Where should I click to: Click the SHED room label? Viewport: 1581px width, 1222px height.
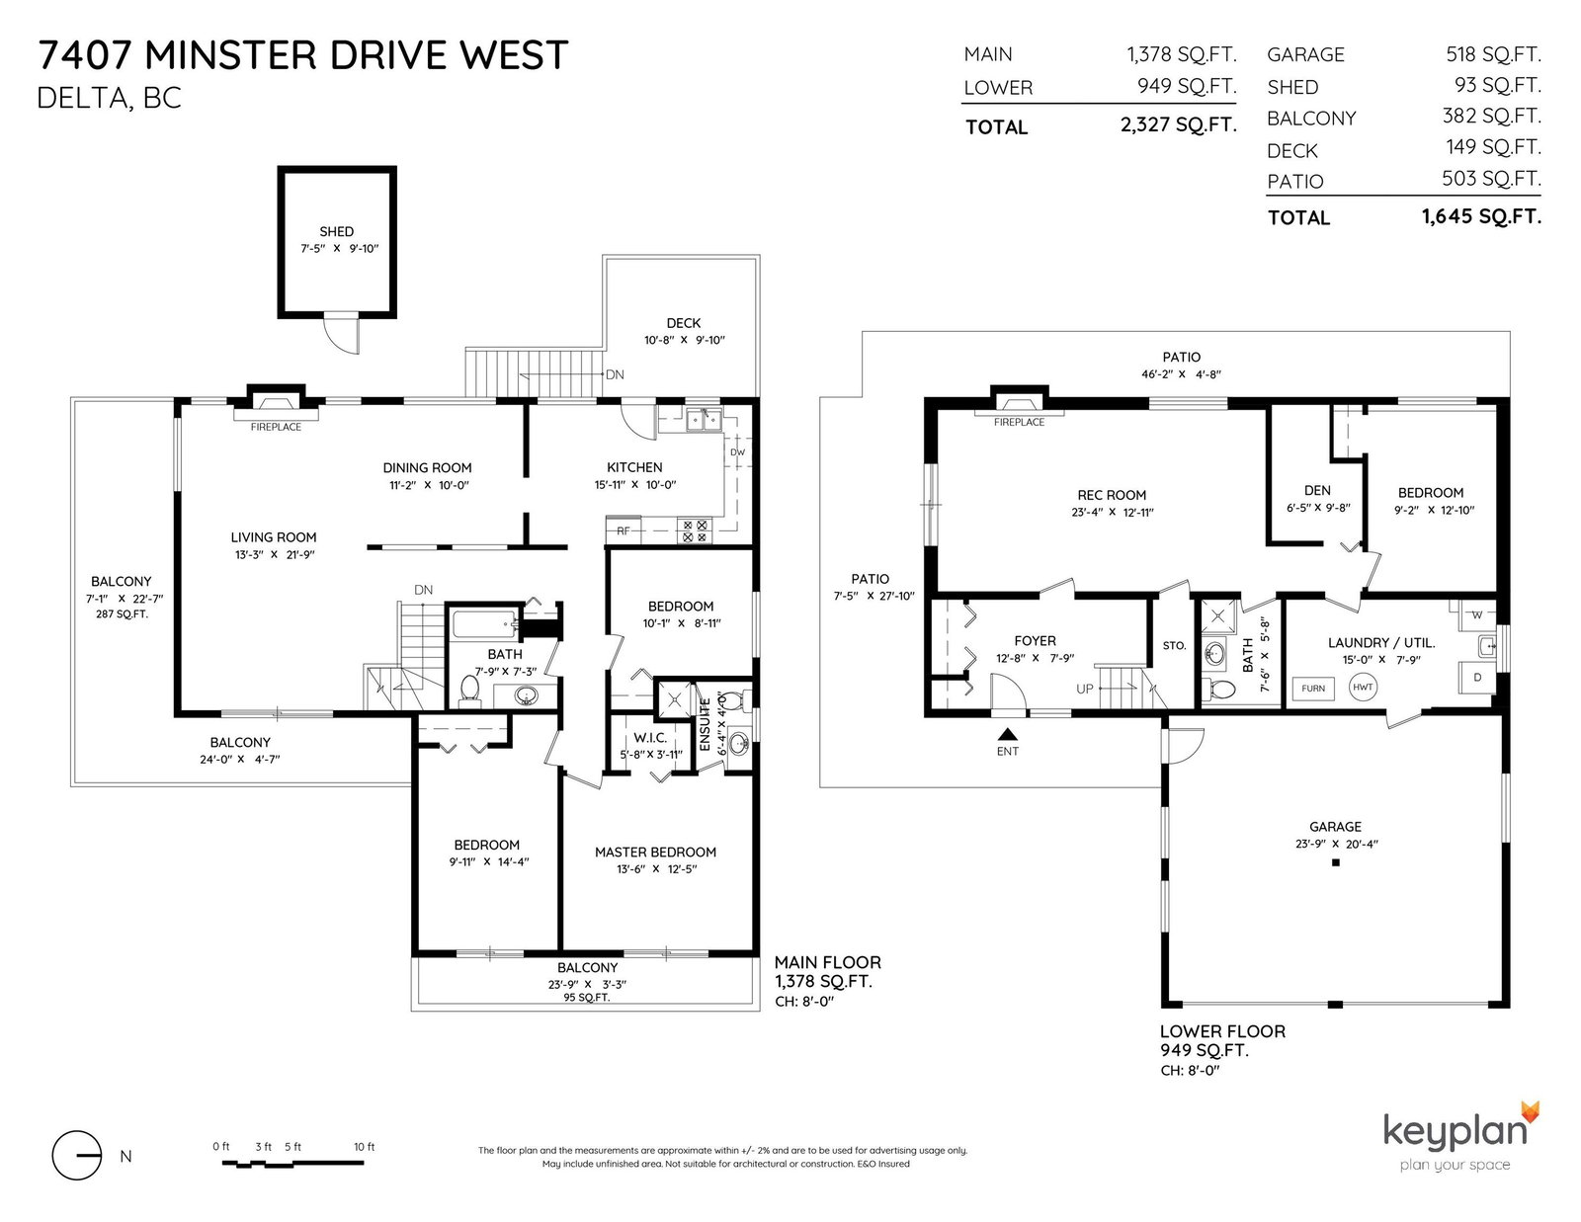(336, 231)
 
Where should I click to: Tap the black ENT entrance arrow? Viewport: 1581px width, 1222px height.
(1008, 734)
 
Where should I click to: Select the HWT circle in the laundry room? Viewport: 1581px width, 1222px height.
(1363, 687)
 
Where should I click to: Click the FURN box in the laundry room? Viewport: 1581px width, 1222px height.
(1313, 689)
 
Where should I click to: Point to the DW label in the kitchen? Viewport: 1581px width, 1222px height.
(738, 451)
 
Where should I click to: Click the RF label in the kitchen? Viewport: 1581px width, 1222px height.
(624, 531)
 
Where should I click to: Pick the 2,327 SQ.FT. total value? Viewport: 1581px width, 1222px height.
(1179, 125)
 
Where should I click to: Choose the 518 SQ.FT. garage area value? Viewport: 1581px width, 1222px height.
(1494, 53)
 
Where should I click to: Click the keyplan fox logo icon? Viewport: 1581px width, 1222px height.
(1530, 1112)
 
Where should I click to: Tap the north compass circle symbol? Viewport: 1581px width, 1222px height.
(76, 1155)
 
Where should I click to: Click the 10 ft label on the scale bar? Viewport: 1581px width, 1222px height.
(365, 1147)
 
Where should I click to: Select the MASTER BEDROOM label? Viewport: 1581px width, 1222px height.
(655, 852)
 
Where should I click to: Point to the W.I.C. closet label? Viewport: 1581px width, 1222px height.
(650, 738)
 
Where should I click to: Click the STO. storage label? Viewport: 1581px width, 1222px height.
(1174, 645)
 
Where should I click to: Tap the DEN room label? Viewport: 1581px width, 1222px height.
(1317, 490)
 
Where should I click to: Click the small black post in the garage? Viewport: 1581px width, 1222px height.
(1335, 862)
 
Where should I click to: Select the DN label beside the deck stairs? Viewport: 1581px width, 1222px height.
(615, 374)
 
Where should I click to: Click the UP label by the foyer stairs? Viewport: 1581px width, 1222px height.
(1085, 689)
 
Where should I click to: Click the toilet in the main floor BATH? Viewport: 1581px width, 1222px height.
(470, 691)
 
